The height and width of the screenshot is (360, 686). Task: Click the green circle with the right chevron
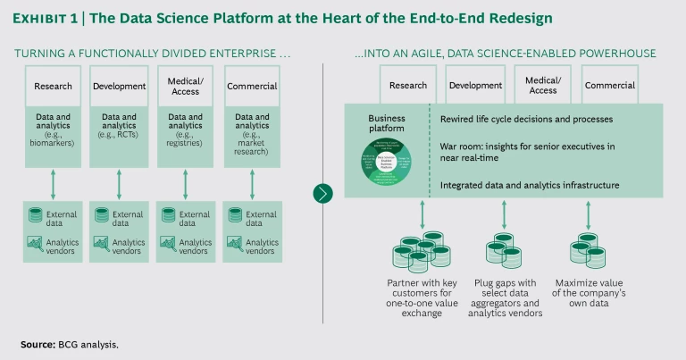[323, 193]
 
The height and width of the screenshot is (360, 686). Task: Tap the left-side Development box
[119, 87]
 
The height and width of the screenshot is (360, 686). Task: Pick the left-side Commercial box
[252, 87]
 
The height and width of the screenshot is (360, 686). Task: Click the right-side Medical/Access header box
[542, 86]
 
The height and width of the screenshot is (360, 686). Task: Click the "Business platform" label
[387, 122]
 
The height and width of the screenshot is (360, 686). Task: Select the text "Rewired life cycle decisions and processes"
[527, 119]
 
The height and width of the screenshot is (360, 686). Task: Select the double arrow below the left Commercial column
[252, 185]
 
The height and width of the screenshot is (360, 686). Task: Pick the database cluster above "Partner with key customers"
[421, 253]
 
